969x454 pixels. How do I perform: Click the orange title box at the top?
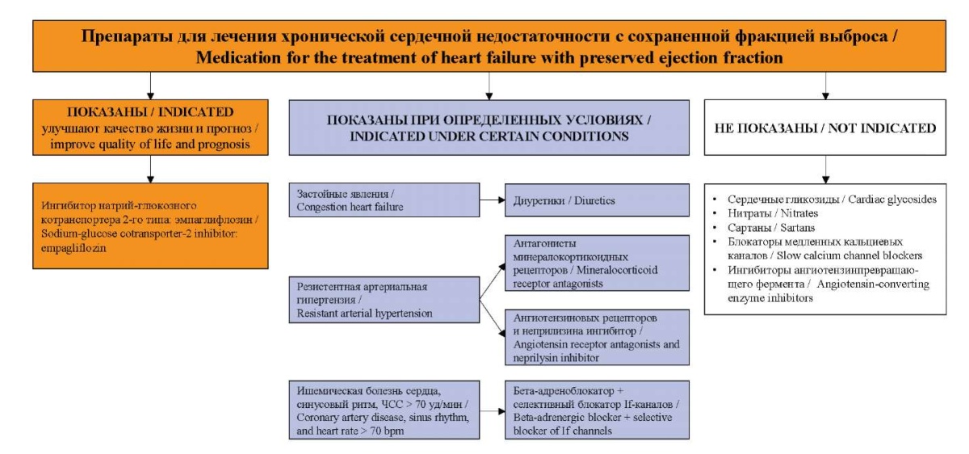click(x=489, y=46)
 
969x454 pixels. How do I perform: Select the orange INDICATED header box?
click(x=150, y=128)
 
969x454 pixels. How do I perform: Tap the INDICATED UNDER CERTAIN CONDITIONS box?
click(x=489, y=128)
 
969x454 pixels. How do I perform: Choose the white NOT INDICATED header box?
click(x=825, y=128)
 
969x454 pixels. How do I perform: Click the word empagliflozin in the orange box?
click(x=73, y=249)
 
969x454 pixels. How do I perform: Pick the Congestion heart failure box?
click(x=384, y=200)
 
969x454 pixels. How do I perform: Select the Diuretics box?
click(x=597, y=200)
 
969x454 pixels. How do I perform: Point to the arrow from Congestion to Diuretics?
click(x=493, y=200)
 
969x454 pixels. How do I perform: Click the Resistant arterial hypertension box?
click(x=384, y=300)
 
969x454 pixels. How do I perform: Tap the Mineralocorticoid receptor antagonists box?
click(x=597, y=263)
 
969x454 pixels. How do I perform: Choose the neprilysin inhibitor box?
click(x=597, y=338)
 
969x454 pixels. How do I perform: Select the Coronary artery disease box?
click(x=384, y=410)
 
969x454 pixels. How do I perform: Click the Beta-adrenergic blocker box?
click(x=597, y=410)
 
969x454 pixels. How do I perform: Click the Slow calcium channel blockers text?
click(x=849, y=256)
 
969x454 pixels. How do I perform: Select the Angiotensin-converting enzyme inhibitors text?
click(x=828, y=292)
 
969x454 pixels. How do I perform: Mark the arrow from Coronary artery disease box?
click(x=493, y=410)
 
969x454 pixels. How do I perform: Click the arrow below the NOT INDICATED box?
click(x=825, y=169)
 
